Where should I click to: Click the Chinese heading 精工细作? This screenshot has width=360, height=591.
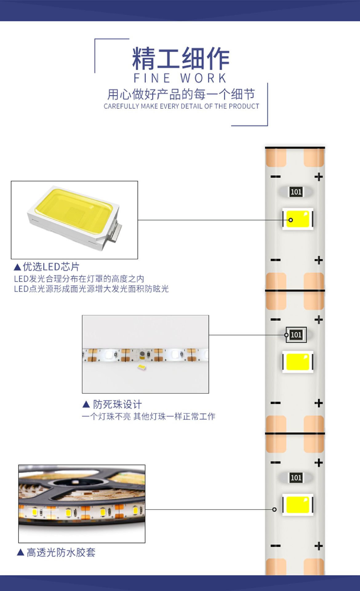click(181, 58)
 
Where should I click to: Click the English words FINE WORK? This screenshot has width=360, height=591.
click(180, 78)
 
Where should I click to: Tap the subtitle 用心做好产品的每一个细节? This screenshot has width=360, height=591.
click(181, 94)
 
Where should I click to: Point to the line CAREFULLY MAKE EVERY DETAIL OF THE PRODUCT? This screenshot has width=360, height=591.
click(181, 107)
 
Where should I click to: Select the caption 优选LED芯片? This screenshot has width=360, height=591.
click(51, 267)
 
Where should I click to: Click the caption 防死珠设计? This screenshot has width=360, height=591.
click(117, 404)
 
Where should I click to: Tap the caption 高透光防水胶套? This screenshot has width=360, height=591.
click(61, 553)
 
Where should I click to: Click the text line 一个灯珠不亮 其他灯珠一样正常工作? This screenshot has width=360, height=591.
click(149, 416)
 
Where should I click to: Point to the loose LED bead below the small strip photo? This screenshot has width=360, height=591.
click(142, 367)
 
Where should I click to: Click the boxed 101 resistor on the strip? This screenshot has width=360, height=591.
click(296, 335)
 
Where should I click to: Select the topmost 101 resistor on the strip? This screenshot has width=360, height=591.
click(296, 192)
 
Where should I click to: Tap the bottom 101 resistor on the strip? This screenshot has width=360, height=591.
click(296, 478)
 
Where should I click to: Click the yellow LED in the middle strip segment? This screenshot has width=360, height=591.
click(298, 362)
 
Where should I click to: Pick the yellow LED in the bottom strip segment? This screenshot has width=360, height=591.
click(298, 505)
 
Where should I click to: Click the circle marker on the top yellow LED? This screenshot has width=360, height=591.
click(290, 220)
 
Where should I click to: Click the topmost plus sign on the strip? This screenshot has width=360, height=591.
click(318, 177)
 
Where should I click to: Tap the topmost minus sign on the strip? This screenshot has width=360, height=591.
click(275, 177)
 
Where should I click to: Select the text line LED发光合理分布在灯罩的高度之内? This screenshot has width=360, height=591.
click(79, 279)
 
